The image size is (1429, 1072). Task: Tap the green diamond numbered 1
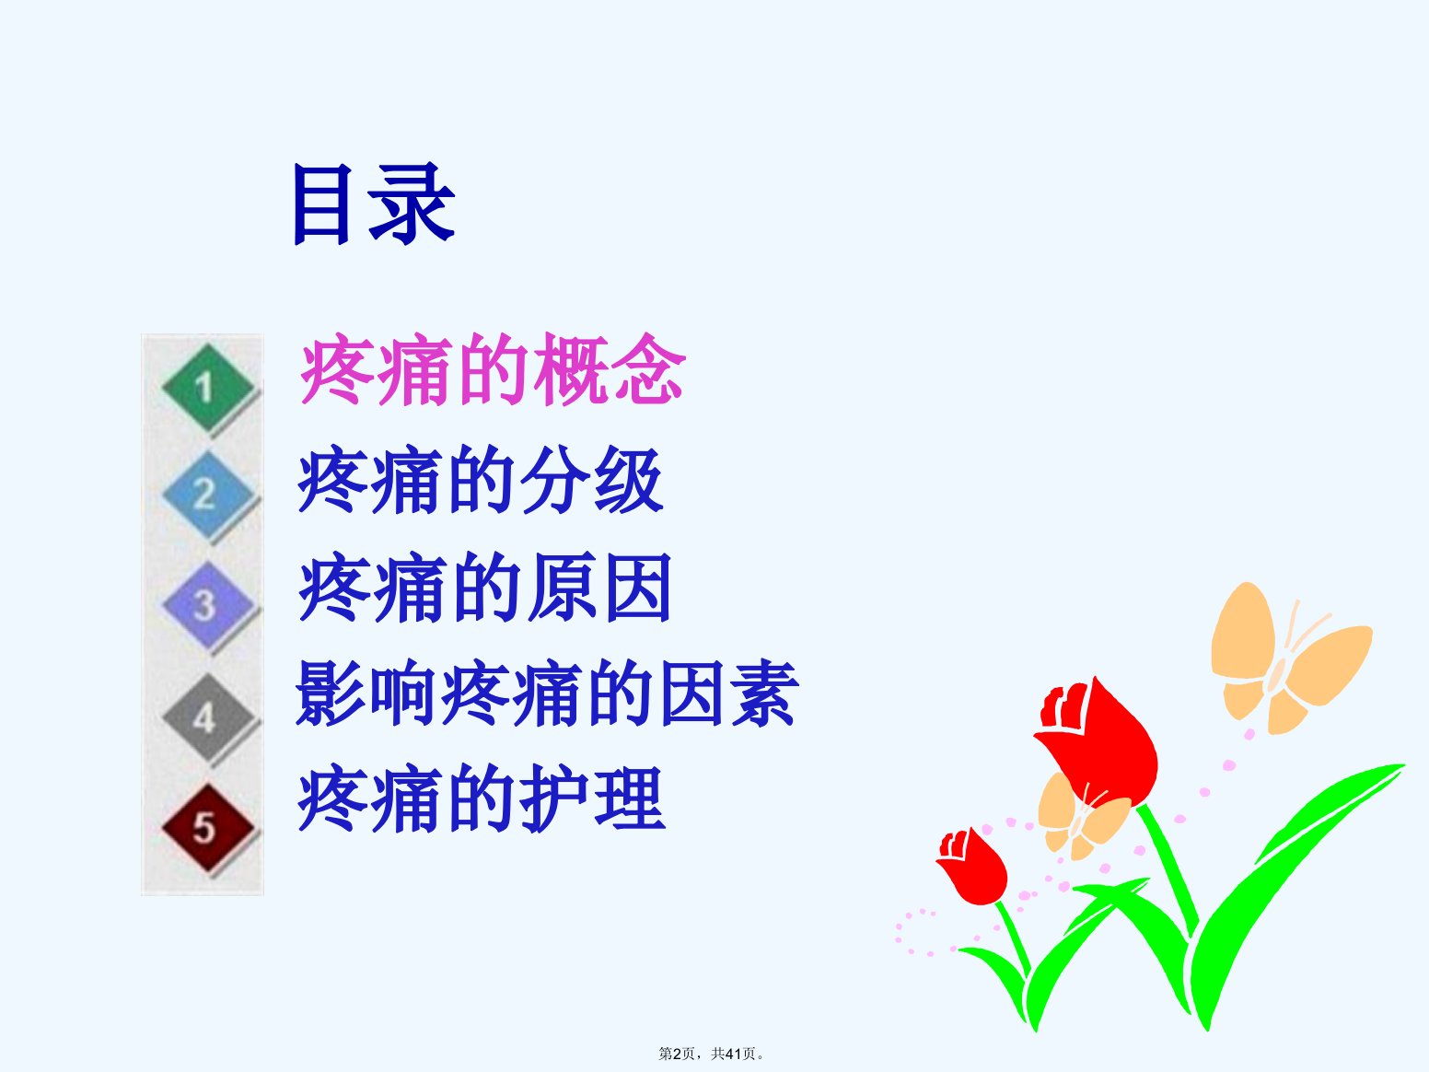[x=208, y=388]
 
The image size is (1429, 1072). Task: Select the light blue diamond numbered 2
[x=208, y=495]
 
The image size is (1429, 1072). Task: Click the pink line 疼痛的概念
[x=493, y=369]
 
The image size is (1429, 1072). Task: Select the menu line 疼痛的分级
[x=482, y=480]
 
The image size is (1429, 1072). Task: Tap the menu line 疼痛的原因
[x=484, y=587]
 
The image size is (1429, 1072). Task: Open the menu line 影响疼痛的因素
[x=547, y=693]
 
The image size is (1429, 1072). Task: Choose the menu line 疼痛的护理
[x=482, y=798]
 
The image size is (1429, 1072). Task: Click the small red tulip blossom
[x=972, y=867]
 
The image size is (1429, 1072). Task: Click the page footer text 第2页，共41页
[x=711, y=1054]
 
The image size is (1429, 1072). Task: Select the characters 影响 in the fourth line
[x=366, y=693]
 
